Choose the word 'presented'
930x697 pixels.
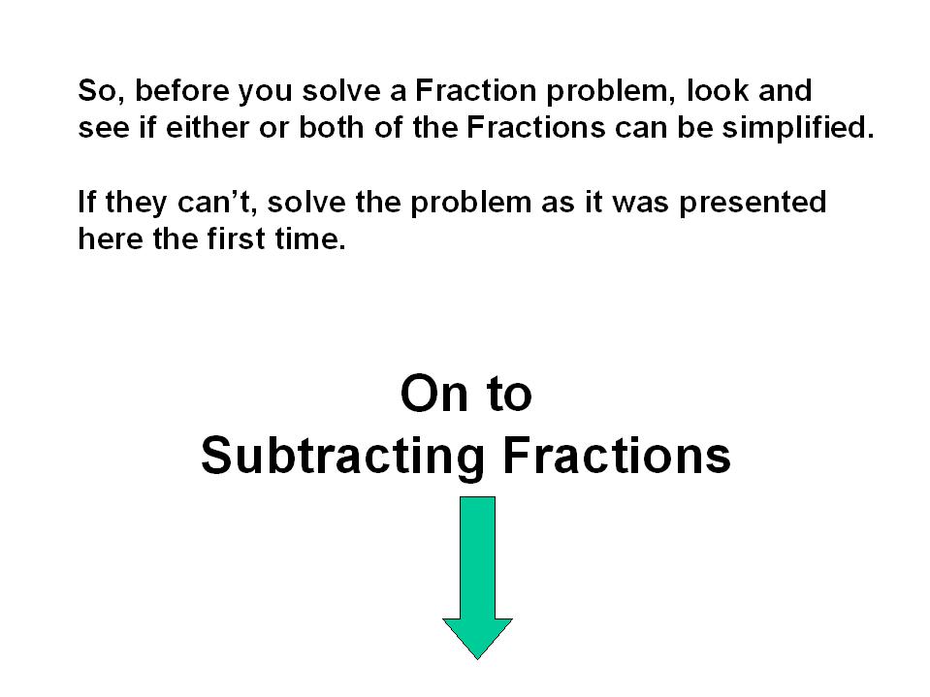pyautogui.click(x=753, y=202)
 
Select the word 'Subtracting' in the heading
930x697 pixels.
pyautogui.click(x=342, y=457)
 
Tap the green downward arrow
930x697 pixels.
pyautogui.click(x=477, y=578)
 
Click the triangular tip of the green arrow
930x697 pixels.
pyautogui.click(x=477, y=658)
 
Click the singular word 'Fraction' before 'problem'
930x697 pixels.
pyautogui.click(x=476, y=91)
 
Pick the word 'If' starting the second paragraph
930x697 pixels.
pyautogui.click(x=86, y=202)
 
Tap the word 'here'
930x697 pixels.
pyautogui.click(x=111, y=238)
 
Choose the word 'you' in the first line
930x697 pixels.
pyautogui.click(x=266, y=92)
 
